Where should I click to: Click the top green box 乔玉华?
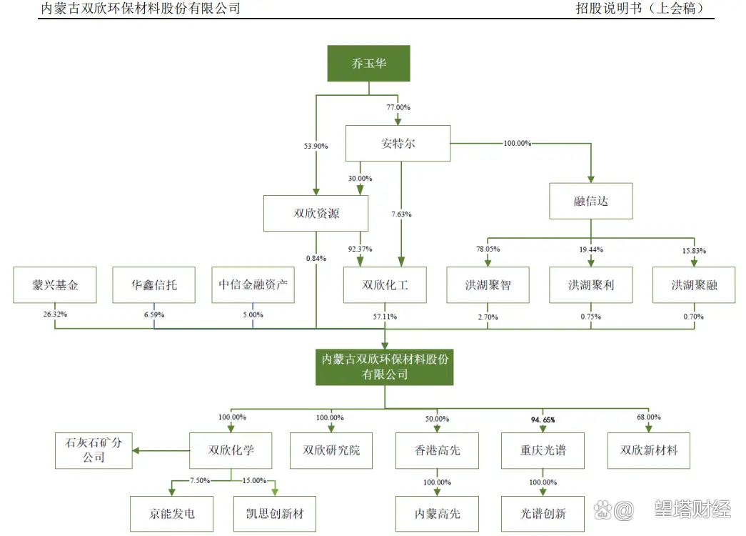(x=368, y=64)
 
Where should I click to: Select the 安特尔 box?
(x=398, y=144)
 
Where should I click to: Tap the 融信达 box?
(x=590, y=201)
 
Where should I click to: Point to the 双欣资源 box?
(x=316, y=214)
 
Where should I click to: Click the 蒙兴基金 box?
(x=55, y=285)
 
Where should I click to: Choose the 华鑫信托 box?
(x=153, y=285)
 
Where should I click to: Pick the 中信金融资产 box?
(x=253, y=285)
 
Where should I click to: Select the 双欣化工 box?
(x=385, y=285)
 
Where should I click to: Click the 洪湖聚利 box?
(x=590, y=285)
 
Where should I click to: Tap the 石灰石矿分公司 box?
(x=94, y=450)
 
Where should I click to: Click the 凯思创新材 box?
(x=274, y=514)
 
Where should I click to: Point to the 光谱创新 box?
(x=543, y=514)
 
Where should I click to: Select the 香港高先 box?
(x=437, y=450)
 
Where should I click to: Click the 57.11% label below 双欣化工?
(x=385, y=315)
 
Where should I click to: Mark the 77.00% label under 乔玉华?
(x=398, y=107)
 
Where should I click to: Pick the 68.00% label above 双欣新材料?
(x=648, y=417)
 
